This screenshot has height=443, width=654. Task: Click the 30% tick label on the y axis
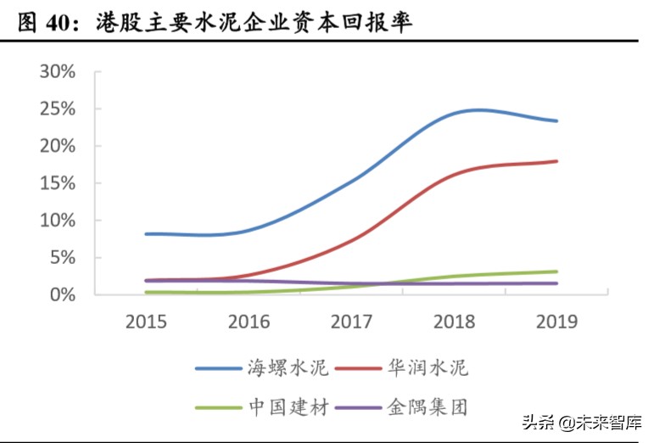pyautogui.click(x=58, y=71)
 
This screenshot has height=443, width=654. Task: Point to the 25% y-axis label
pyautogui.click(x=58, y=109)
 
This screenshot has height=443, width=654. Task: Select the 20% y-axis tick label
pyautogui.click(x=58, y=146)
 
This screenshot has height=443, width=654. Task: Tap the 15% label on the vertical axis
pyautogui.click(x=58, y=183)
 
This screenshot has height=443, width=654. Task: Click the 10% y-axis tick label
pyautogui.click(x=58, y=221)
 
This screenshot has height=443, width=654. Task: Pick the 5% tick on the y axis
pyautogui.click(x=63, y=257)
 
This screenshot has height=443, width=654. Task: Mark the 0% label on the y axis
pyautogui.click(x=63, y=294)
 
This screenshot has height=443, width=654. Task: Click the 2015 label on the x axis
pyautogui.click(x=147, y=322)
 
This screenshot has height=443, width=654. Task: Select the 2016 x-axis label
pyautogui.click(x=249, y=322)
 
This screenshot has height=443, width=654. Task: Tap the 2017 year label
pyautogui.click(x=352, y=322)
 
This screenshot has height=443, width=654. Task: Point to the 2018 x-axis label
pyautogui.click(x=455, y=322)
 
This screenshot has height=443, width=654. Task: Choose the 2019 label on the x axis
pyautogui.click(x=557, y=322)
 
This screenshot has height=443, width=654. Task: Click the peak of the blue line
pyautogui.click(x=478, y=109)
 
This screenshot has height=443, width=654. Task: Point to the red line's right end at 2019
pyautogui.click(x=556, y=161)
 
